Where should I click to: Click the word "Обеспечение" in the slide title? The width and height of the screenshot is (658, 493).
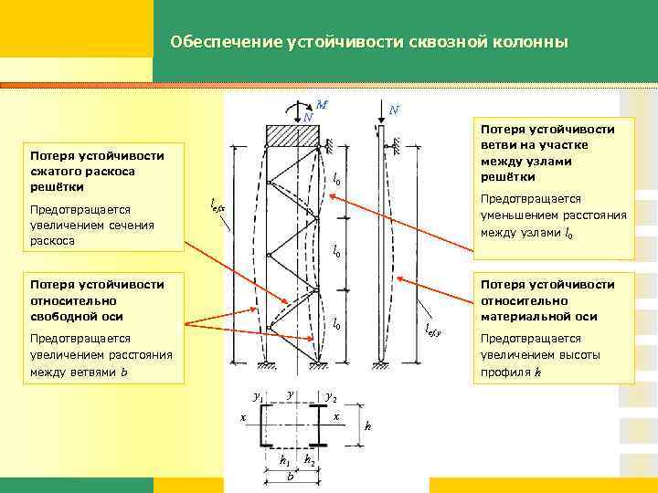[x=213, y=42]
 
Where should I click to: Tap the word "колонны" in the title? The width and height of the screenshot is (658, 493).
[x=534, y=42]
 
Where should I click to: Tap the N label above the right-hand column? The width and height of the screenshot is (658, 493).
[x=392, y=110]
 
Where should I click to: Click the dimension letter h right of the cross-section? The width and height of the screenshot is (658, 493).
[x=367, y=425]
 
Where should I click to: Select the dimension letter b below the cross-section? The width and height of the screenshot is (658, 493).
[x=290, y=477]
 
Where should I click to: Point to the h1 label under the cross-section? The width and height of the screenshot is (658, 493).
[x=284, y=460]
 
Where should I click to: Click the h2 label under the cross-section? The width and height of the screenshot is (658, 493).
[x=311, y=460]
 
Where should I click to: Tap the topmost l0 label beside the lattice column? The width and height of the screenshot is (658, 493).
[x=336, y=179]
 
